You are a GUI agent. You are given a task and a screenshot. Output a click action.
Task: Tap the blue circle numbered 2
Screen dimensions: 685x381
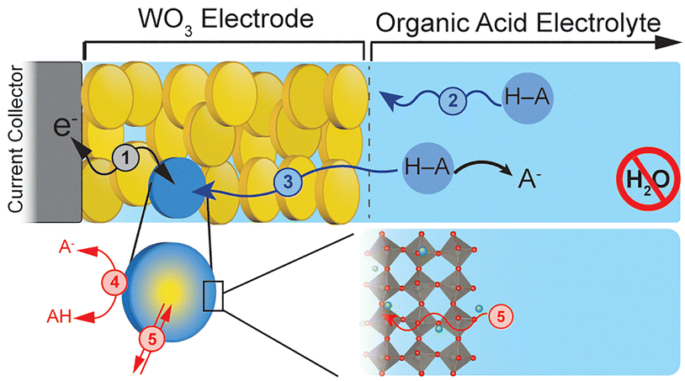(x=453, y=101)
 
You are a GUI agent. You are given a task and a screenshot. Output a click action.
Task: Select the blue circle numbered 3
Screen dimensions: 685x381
(x=288, y=182)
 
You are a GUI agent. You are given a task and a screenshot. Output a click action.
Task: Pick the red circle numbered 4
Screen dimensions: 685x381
(x=114, y=283)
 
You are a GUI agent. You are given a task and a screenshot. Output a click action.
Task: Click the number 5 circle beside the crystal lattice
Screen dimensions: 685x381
(x=501, y=317)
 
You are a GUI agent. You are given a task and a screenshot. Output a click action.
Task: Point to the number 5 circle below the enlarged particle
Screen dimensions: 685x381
(x=151, y=338)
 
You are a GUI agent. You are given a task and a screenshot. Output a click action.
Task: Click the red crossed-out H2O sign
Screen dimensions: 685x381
(x=648, y=178)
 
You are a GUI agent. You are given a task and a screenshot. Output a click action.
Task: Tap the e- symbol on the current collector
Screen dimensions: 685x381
(x=61, y=126)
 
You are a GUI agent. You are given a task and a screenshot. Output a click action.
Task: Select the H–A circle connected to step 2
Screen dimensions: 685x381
(x=527, y=98)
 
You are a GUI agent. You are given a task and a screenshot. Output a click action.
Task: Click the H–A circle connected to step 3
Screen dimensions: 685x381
(x=427, y=167)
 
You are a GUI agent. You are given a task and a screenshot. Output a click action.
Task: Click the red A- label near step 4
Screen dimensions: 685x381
(x=66, y=248)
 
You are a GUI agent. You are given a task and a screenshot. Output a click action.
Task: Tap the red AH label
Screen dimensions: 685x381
(x=60, y=316)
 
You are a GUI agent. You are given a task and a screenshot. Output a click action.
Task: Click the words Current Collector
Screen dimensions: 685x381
(x=16, y=140)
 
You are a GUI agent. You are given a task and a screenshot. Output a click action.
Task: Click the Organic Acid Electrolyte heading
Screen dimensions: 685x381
(x=518, y=23)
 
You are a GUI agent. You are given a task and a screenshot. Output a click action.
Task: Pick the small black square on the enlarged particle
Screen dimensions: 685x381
(x=214, y=296)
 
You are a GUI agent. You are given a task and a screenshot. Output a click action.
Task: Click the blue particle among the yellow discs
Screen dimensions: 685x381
(x=178, y=188)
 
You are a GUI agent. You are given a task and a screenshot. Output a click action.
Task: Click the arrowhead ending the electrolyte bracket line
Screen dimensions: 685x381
(x=668, y=42)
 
